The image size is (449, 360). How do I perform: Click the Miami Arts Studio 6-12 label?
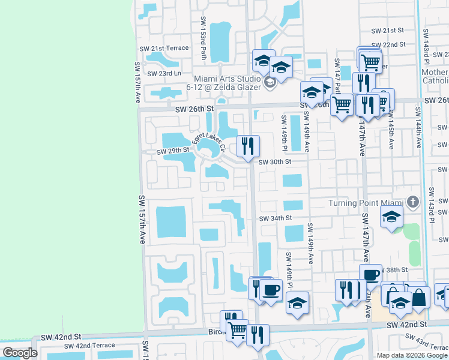[x=227, y=83]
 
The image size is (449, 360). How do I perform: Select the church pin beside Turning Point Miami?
[x=412, y=202]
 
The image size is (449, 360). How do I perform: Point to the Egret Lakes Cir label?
[x=208, y=143]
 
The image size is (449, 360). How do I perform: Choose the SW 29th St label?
[x=173, y=152]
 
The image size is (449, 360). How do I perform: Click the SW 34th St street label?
[x=275, y=218]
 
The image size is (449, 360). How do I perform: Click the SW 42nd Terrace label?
[x=89, y=346]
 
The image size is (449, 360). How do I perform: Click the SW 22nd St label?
[x=388, y=44]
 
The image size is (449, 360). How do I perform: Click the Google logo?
[x=20, y=353]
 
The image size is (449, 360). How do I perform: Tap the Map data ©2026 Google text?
[x=412, y=355]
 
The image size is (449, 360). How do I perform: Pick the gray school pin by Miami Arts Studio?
[x=269, y=82]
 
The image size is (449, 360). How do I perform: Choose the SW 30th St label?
[x=275, y=162]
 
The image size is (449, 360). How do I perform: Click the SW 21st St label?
[x=388, y=30]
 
